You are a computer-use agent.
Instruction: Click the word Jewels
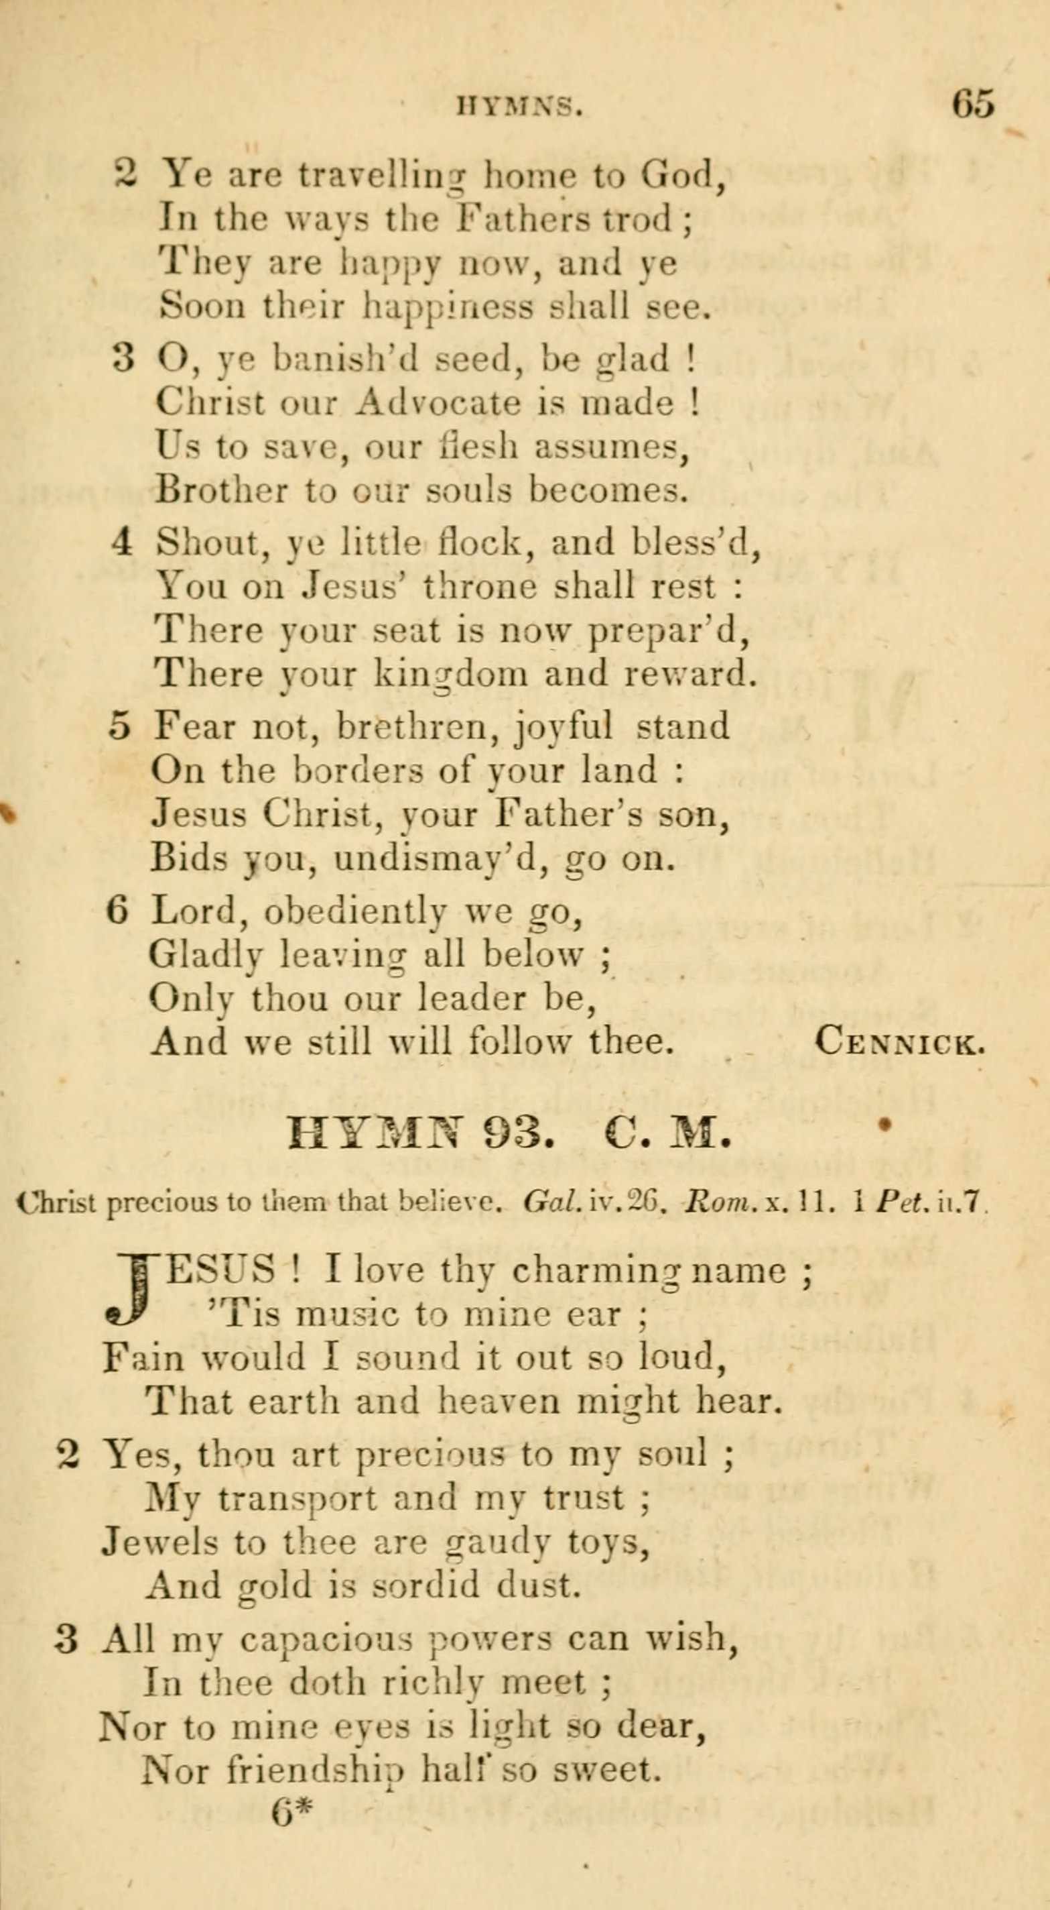click(159, 1543)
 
